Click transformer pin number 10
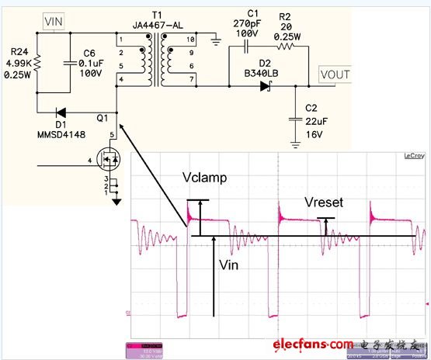pyautogui.click(x=191, y=39)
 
